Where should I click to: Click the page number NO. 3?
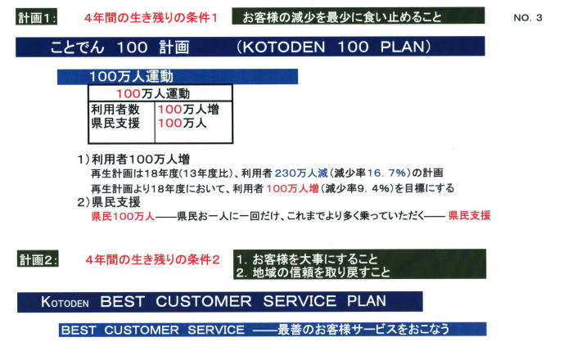pos(527,17)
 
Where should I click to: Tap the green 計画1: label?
pos(37,17)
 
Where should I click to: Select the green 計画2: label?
pos(38,259)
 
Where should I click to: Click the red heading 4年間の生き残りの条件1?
pos(151,17)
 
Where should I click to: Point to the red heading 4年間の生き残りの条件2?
pos(152,259)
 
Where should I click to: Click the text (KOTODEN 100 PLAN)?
pos(334,47)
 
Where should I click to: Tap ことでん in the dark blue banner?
pos(77,47)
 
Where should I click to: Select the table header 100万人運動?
pos(153,94)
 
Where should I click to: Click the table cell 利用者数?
pos(115,109)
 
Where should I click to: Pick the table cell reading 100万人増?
pos(188,109)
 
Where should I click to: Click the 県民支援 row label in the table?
pos(115,123)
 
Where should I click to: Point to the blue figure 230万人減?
pos(301,173)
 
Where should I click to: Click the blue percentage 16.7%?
pos(386,173)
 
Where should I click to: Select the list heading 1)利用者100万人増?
pos(133,160)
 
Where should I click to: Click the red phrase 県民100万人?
pos(123,216)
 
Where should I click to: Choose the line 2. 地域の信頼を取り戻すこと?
pos(314,272)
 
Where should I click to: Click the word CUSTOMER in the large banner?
pos(204,302)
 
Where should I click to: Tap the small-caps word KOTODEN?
pos(65,302)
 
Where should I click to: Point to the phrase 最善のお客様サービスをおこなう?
pos(363,330)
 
